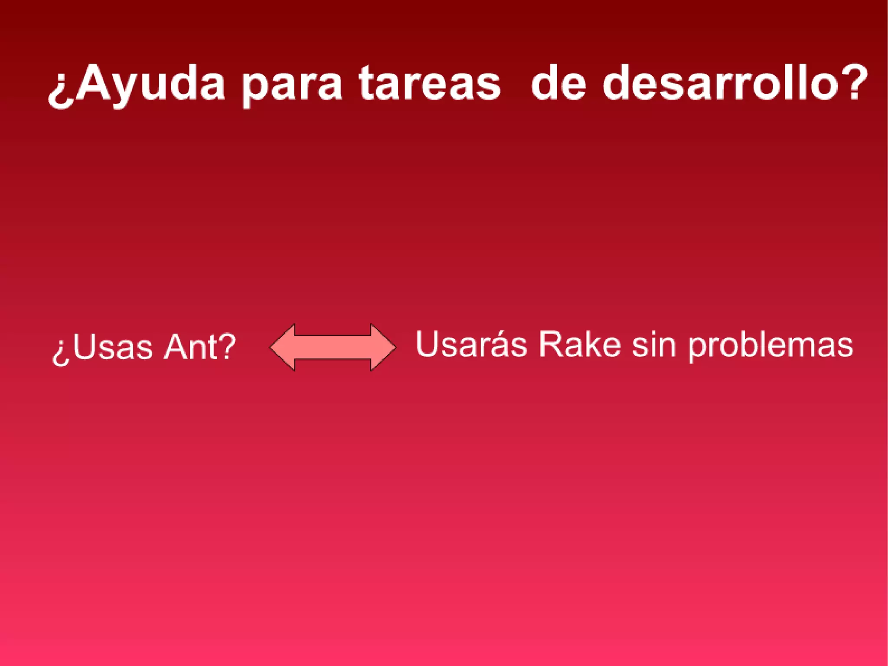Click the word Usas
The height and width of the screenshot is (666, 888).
(113, 347)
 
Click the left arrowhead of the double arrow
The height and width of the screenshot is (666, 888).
(282, 347)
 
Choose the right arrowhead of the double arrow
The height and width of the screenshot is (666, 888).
(384, 347)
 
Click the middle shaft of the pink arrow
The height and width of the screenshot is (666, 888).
(333, 347)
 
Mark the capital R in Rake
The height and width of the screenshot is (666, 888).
(549, 345)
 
